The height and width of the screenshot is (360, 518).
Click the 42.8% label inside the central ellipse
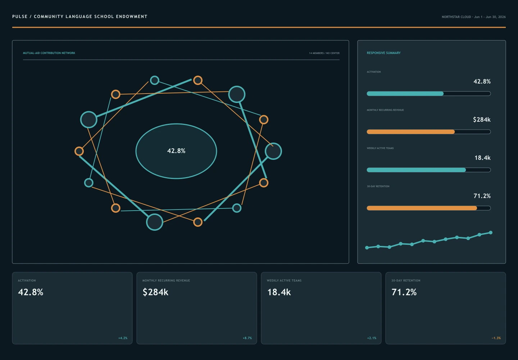click(x=176, y=151)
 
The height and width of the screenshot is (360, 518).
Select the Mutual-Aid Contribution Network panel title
click(x=49, y=53)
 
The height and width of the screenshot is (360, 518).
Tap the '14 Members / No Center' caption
click(x=324, y=53)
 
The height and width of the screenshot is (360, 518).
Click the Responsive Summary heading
click(x=383, y=53)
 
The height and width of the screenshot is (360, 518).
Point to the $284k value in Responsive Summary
click(x=482, y=120)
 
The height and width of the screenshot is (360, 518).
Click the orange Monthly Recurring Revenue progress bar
click(x=411, y=132)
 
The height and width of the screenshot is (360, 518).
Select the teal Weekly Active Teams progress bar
click(x=416, y=170)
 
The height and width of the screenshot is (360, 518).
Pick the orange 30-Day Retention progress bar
click(x=422, y=208)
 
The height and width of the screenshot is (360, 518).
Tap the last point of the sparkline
click(x=491, y=233)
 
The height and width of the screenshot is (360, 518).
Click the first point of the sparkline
click(x=367, y=248)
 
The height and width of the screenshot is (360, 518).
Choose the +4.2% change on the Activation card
click(x=123, y=338)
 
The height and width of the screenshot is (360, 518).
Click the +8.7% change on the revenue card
click(x=247, y=338)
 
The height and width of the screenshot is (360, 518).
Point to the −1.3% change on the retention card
click(x=496, y=338)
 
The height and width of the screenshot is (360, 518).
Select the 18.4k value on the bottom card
click(x=279, y=292)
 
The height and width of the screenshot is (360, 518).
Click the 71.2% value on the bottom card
click(x=404, y=292)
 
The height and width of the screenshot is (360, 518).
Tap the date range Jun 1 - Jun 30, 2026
click(x=490, y=17)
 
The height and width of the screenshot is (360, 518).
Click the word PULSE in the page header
click(x=20, y=17)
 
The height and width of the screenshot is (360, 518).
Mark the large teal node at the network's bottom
click(x=155, y=222)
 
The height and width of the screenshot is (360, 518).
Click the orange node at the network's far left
click(x=79, y=151)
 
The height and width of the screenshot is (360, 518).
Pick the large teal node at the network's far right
click(x=273, y=151)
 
